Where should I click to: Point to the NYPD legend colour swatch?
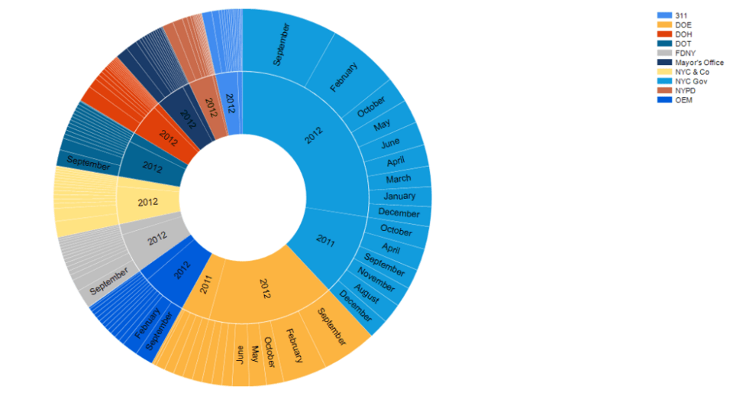(664, 90)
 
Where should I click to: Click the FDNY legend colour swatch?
(664, 54)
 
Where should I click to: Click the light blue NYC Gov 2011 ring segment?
(327, 240)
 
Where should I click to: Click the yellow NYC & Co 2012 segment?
(148, 203)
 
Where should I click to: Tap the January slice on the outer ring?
(400, 196)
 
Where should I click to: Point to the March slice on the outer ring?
(399, 179)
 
